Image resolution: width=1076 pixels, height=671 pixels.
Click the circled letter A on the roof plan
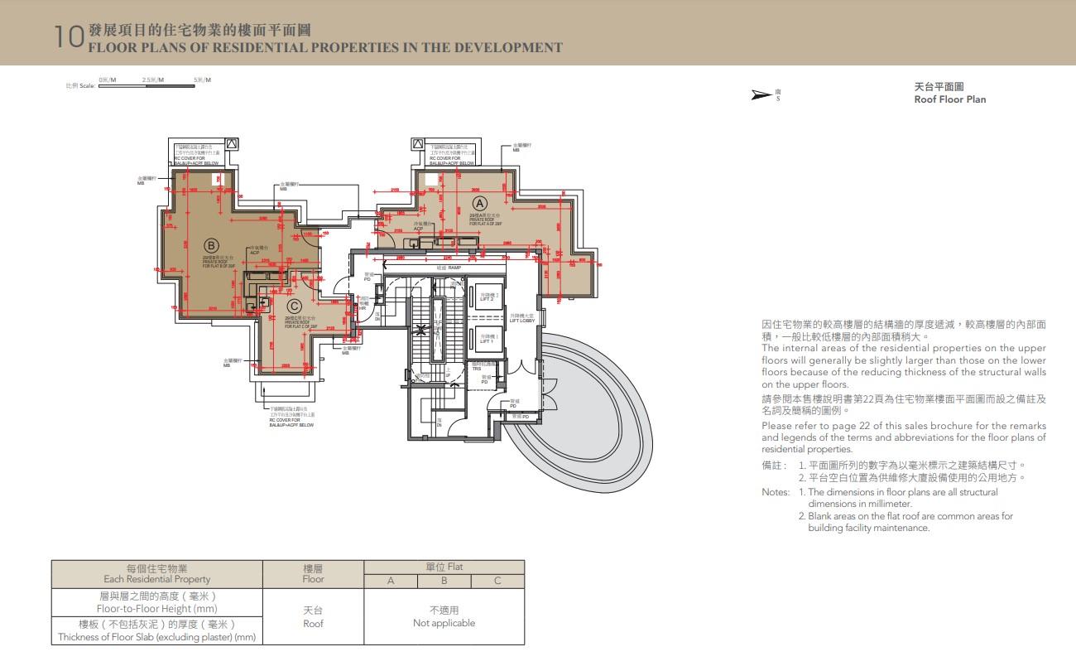point(479,202)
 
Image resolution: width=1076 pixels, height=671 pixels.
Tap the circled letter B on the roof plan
point(210,245)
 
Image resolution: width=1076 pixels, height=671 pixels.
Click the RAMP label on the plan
point(454,268)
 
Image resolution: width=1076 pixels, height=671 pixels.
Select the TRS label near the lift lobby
point(477,369)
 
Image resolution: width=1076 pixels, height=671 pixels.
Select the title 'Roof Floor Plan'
point(949,99)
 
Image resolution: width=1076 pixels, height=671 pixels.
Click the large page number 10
point(69,36)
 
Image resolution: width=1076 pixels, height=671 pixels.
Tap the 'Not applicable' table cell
point(444,623)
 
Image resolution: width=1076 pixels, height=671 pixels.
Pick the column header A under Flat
point(391,581)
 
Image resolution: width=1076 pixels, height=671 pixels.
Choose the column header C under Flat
point(497,581)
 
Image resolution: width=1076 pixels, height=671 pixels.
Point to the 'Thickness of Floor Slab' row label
point(157,637)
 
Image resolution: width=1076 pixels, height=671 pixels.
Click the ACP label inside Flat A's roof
point(418,229)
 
